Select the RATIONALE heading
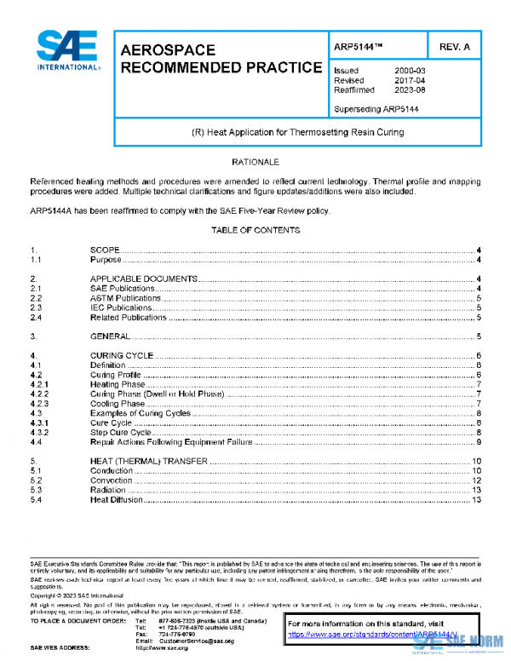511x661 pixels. (255, 162)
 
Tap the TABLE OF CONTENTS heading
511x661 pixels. (255, 230)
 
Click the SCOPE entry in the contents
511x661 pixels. (105, 250)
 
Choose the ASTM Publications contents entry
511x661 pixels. (126, 298)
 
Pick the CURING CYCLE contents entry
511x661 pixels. (122, 355)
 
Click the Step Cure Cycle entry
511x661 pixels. (121, 432)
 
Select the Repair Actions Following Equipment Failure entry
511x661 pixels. (158, 441)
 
